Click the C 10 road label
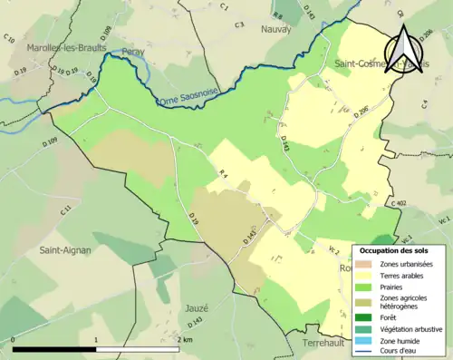[x=8, y=39]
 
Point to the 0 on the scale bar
[x=14, y=339]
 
